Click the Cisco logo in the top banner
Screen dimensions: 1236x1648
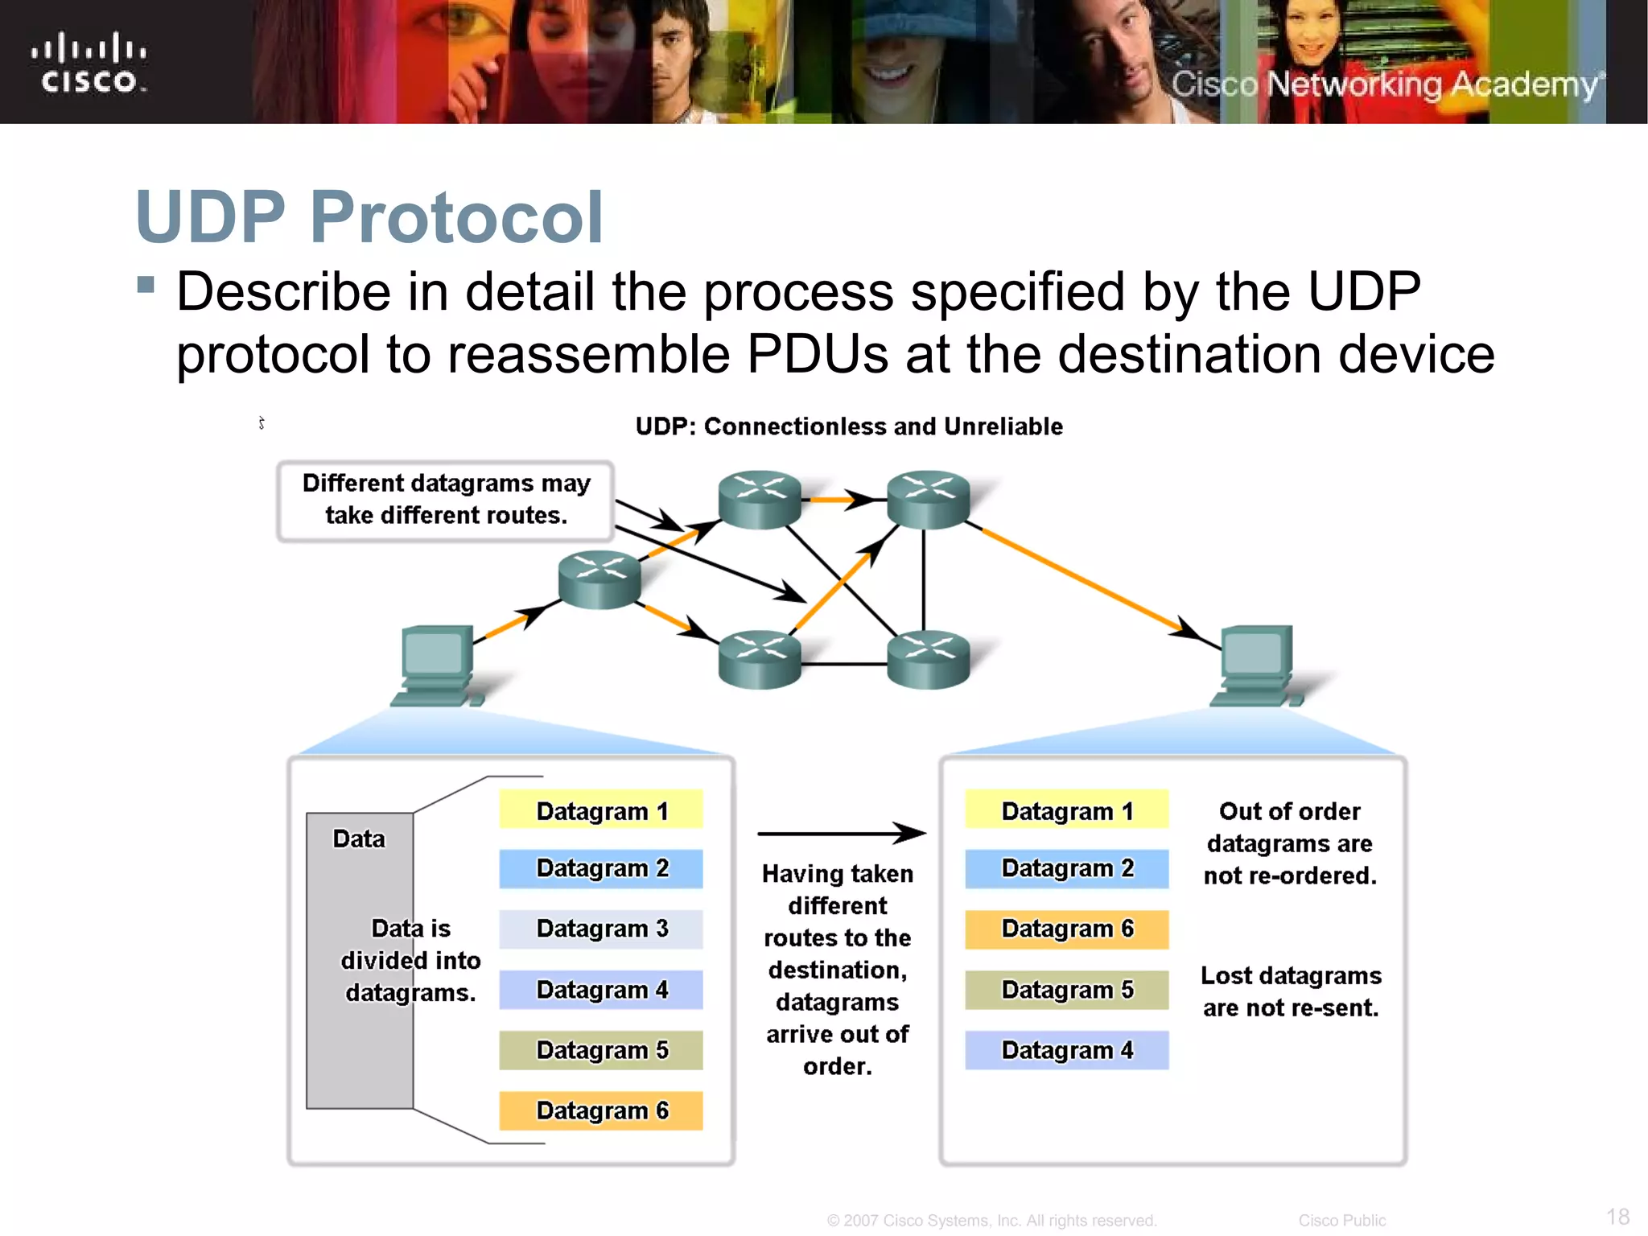[89, 62]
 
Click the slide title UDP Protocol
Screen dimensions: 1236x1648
[369, 216]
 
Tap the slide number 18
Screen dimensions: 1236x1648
[1617, 1216]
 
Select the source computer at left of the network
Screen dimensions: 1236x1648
[437, 665]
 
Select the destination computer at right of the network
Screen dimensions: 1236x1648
[1256, 665]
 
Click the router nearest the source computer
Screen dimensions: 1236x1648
[599, 579]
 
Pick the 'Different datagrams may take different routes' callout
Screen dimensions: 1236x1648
[446, 500]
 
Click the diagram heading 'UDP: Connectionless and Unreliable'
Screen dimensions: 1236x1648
[849, 426]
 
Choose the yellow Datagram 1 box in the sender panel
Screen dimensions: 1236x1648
[601, 810]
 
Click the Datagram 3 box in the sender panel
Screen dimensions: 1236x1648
[601, 929]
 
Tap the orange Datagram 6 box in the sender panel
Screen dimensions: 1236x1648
[601, 1110]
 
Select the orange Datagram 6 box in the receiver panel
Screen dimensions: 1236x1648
[1067, 929]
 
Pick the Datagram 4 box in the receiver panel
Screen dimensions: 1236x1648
[1067, 1050]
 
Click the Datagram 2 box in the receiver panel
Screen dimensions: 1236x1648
[1067, 868]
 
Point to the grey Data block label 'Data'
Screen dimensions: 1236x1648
[359, 838]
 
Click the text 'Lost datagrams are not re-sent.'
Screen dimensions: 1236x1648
[1291, 991]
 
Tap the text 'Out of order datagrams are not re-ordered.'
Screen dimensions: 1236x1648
[1290, 843]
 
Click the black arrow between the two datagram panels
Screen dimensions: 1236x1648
[841, 834]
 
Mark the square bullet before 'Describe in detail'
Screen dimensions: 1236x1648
[146, 285]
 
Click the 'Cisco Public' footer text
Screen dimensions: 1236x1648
[1341, 1221]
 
